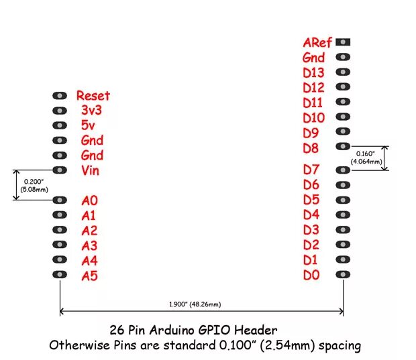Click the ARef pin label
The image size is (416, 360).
(317, 43)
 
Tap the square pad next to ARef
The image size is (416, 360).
(344, 42)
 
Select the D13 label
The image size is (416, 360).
(313, 73)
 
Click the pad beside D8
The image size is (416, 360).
(344, 146)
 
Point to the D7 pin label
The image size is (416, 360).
(311, 170)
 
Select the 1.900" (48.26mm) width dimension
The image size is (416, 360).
(194, 305)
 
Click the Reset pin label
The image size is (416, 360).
(93, 96)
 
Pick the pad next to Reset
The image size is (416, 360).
(60, 96)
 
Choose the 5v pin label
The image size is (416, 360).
(89, 125)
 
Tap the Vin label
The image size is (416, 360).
(90, 170)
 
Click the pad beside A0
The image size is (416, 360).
(60, 200)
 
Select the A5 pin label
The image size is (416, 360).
(89, 276)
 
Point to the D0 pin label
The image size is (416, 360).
(311, 275)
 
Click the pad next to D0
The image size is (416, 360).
(344, 274)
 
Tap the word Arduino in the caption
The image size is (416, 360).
(176, 330)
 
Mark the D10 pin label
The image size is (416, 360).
(313, 118)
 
